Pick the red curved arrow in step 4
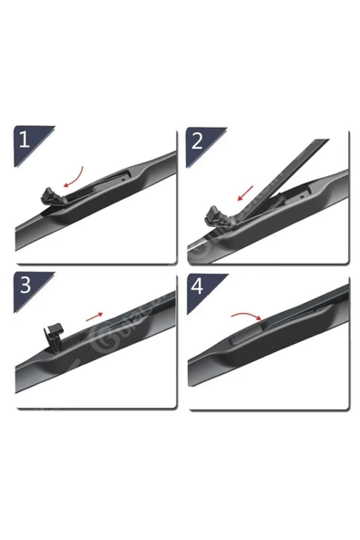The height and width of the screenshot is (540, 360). pyautogui.click(x=243, y=316)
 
